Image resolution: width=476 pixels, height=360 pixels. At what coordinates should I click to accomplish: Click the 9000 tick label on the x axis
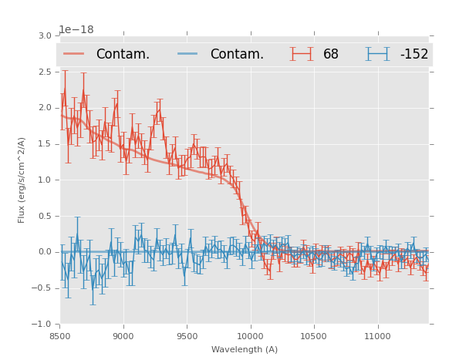(123, 336)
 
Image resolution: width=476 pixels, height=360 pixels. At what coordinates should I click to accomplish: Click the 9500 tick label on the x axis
(187, 336)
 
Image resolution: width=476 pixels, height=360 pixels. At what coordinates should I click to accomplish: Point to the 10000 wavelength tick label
(250, 336)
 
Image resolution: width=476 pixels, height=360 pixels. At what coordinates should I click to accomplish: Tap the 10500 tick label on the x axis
(314, 336)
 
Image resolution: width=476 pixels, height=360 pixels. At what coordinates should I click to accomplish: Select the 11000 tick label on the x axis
(377, 336)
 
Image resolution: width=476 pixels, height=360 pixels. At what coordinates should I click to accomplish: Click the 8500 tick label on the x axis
(60, 336)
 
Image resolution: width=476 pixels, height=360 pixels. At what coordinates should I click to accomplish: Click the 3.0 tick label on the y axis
(45, 36)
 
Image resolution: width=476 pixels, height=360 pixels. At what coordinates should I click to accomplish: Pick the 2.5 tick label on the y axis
(45, 72)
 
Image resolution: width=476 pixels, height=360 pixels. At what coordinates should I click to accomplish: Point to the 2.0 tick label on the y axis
(45, 108)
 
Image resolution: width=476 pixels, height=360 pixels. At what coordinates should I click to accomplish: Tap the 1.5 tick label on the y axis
(45, 144)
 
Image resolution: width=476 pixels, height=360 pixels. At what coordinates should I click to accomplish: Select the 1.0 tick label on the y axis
(45, 180)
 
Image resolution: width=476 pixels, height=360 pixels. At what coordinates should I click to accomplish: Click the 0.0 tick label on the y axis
(45, 252)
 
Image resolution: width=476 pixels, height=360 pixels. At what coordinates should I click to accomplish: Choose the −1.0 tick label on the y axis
(43, 324)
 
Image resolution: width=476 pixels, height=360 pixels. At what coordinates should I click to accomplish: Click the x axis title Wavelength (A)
(245, 350)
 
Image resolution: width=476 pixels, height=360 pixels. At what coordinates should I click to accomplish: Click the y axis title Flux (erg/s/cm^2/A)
(22, 180)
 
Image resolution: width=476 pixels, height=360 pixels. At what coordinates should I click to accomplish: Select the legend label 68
(331, 54)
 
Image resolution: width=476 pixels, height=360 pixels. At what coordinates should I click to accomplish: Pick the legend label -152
(414, 54)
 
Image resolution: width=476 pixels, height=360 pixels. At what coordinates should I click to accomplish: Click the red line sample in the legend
(74, 54)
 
